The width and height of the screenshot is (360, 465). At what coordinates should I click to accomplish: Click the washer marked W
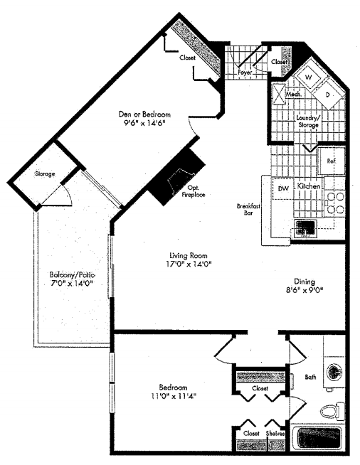coord(309,77)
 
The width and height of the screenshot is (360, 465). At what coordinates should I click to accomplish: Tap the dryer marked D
coord(328,95)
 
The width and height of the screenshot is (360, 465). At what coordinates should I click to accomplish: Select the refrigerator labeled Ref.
coord(332,161)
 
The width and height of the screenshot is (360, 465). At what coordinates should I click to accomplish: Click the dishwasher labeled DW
coord(283,188)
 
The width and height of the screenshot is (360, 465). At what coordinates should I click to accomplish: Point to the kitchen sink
coord(305,228)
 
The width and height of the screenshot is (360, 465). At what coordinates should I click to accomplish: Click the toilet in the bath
coord(332,411)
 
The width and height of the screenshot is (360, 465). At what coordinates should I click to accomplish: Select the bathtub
coord(319,439)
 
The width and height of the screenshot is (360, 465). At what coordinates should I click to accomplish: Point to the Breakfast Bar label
coord(248,209)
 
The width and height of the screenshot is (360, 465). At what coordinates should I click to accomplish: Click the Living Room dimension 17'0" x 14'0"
coord(189,264)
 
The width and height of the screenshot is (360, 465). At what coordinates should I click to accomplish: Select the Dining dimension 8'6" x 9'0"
coord(305,290)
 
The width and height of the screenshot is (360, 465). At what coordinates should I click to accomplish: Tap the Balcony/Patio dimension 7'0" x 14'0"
coord(73,283)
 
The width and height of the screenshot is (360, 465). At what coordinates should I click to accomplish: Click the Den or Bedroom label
coord(144,114)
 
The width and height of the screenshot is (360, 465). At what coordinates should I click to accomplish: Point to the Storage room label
coord(45,173)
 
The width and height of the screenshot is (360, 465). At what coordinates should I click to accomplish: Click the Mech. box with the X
coord(279,95)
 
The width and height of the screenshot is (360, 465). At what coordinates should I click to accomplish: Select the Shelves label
coord(275,433)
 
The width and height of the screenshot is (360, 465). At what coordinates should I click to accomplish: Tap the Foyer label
coord(245,73)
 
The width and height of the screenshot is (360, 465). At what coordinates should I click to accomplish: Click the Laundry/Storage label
coord(308,122)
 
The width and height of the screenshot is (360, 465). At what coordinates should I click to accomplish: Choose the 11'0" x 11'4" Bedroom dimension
coord(174,395)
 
